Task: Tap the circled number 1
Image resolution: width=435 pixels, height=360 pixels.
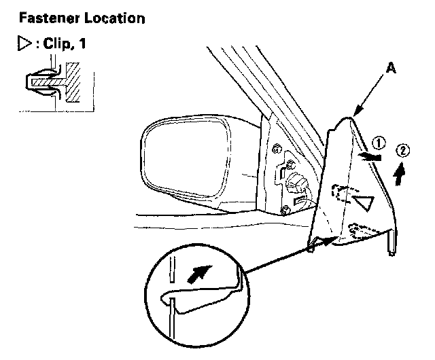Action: click(x=380, y=143)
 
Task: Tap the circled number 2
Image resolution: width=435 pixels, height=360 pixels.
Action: click(x=403, y=152)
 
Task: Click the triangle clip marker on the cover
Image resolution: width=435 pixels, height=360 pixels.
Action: click(x=365, y=202)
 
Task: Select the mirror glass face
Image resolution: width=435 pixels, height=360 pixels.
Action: click(x=184, y=156)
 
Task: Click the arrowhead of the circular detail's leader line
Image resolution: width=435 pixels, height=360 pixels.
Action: click(x=332, y=238)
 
